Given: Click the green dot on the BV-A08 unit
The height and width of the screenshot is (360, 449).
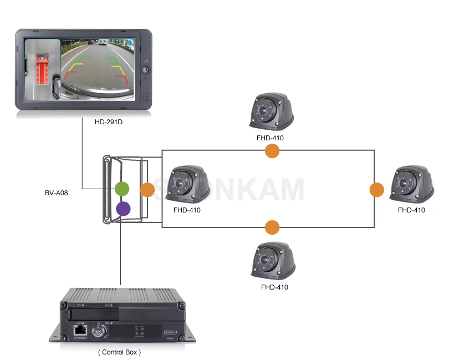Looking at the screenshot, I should pos(122,189).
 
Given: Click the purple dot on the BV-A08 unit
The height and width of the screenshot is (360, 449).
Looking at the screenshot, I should pos(123,209).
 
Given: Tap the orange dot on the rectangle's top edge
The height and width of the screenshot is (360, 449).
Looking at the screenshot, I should pos(272,150).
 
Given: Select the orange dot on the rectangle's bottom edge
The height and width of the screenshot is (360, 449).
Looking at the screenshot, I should pos(272,226).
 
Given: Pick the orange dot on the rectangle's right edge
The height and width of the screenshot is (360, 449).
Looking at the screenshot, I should pos(377,190).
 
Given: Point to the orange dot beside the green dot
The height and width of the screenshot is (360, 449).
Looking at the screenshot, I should pos(147,190).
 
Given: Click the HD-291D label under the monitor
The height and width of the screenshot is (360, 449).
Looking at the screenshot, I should pos(109,121).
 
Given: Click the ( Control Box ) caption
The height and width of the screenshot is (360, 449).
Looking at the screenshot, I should pos(119,352).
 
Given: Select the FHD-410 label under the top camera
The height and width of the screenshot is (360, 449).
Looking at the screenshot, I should pos(271,138).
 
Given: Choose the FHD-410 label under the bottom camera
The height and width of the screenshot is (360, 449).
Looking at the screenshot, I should pos(274,287).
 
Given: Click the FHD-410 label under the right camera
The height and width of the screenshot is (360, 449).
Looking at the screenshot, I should pos(411,210).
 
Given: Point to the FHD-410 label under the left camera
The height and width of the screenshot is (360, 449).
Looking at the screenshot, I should pos(187,210).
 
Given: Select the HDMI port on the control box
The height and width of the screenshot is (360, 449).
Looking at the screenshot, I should pos(169,333).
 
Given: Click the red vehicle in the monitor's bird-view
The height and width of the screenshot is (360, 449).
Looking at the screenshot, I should pos(42,69).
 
